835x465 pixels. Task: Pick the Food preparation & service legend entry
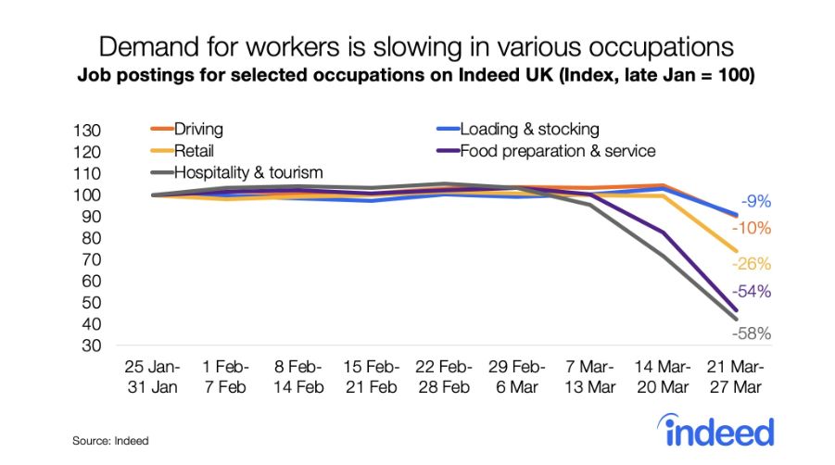click(557, 150)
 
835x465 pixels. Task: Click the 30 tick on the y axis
click(90, 346)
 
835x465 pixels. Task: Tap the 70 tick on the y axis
click(90, 259)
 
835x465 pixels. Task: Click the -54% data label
click(753, 291)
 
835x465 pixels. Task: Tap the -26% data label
click(752, 263)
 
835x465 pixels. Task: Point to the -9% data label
click(755, 202)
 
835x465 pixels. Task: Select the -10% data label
click(752, 228)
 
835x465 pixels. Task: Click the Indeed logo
click(716, 431)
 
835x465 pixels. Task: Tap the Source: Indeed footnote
click(110, 441)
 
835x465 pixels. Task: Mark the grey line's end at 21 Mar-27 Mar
click(735, 319)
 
